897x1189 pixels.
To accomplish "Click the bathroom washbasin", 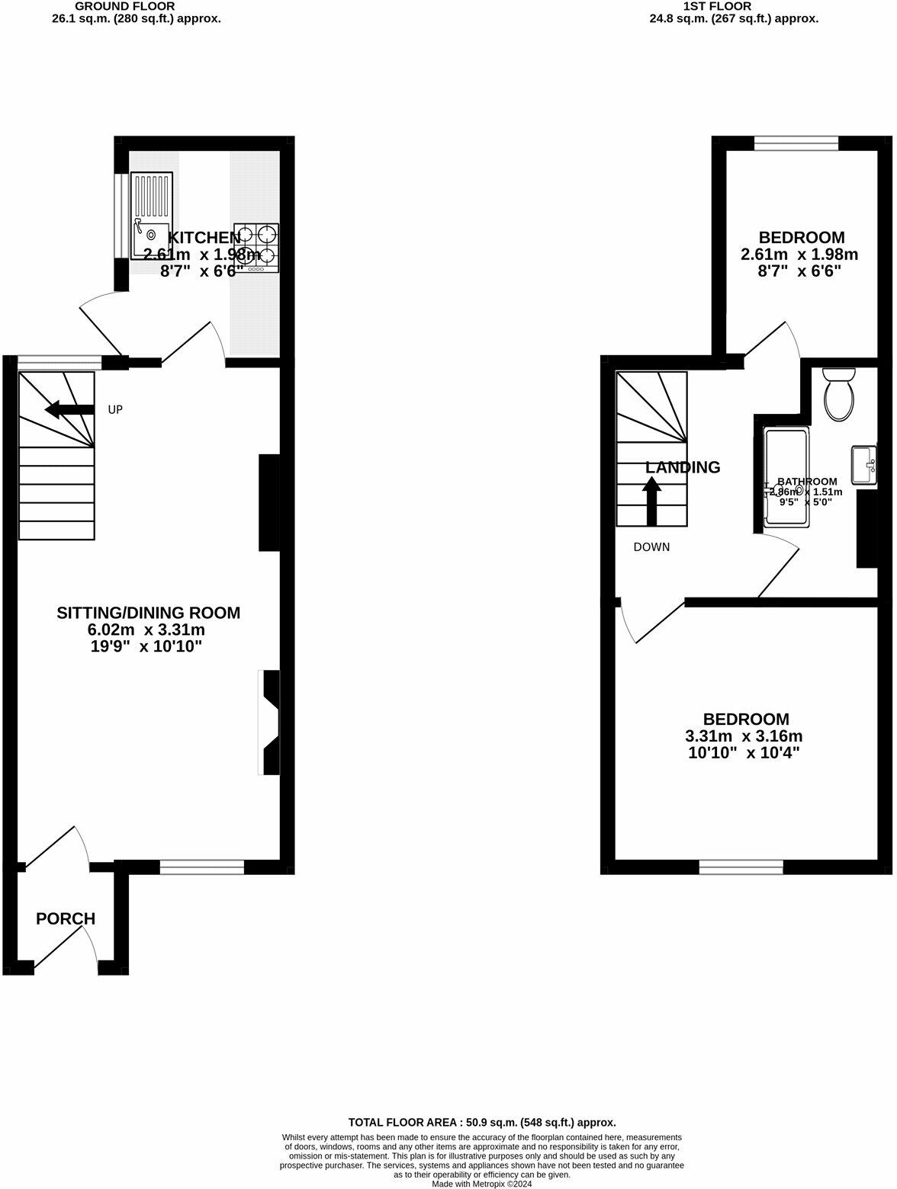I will (864, 465).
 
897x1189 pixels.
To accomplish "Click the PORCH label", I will (66, 919).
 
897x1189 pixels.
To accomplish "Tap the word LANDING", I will (683, 467).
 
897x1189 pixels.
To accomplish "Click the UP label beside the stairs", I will (115, 410).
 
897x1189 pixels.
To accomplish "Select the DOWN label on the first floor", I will (651, 547).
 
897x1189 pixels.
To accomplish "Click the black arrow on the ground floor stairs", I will (69, 410).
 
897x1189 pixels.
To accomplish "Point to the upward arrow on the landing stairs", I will (652, 500).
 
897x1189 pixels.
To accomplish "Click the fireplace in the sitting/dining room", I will (270, 723).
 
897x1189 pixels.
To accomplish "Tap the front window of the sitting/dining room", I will (202, 866).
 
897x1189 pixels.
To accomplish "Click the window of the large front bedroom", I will (741, 867).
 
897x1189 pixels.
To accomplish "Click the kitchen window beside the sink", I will (121, 216).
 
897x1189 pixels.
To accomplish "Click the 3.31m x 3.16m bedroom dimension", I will (744, 736).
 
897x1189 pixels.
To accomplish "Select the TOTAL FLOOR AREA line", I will (481, 1122).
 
